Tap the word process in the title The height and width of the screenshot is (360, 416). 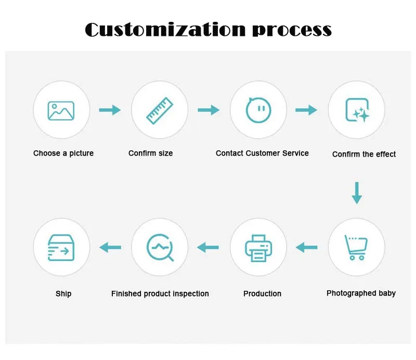[x=292, y=30]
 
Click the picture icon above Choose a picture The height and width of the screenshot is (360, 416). [x=61, y=110]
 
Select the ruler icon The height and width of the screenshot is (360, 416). [x=159, y=110]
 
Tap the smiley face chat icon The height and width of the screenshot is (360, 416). [x=258, y=110]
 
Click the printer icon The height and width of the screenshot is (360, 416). [x=258, y=248]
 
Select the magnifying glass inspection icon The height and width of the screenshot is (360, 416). [x=160, y=248]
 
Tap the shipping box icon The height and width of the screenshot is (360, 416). [x=61, y=248]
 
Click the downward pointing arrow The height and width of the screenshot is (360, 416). [x=357, y=192]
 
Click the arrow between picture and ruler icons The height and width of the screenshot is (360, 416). [x=110, y=110]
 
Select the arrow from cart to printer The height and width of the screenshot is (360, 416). [x=307, y=248]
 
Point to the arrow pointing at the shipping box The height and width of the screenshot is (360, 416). [x=110, y=248]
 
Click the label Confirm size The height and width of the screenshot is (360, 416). [x=151, y=153]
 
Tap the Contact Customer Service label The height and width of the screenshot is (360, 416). [x=262, y=153]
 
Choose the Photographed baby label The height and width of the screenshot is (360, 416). [x=361, y=293]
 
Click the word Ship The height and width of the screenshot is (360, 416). [x=63, y=294]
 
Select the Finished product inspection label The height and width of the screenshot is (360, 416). [x=160, y=294]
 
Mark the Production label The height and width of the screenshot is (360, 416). [x=262, y=294]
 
